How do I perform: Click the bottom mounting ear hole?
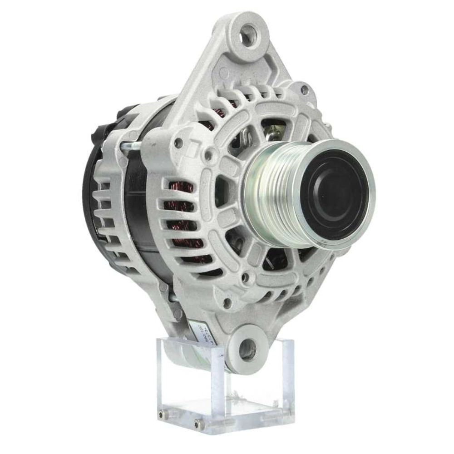click(247, 349)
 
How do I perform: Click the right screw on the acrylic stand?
click(197, 424)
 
